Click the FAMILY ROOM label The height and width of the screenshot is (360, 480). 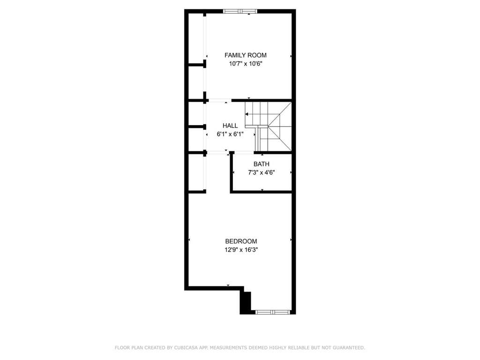point(245,55)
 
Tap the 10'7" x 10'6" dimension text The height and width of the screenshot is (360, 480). point(245,64)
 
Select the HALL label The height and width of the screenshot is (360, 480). point(230,126)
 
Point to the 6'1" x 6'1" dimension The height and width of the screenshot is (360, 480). point(230,134)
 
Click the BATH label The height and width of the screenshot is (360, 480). point(261,164)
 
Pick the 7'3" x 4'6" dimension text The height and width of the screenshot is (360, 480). point(261,172)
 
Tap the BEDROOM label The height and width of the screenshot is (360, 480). point(241,241)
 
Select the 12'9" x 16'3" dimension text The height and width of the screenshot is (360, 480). point(241,250)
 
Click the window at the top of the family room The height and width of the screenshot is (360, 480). point(240,11)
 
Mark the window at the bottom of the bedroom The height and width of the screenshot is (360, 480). point(272,312)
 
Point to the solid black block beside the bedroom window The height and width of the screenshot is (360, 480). point(245,303)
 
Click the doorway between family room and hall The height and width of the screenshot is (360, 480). point(219,100)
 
